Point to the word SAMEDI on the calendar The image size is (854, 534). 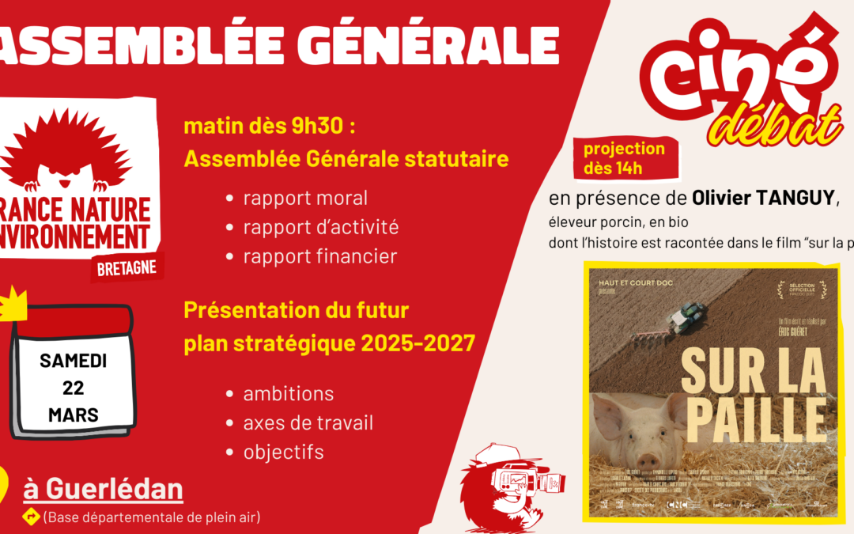point(73,361)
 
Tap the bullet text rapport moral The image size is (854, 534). point(304,198)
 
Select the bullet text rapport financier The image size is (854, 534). point(319,256)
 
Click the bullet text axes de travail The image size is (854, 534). point(308,422)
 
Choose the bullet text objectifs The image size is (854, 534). point(283,452)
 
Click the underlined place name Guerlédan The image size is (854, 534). point(115,489)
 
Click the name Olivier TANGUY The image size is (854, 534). point(763,198)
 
